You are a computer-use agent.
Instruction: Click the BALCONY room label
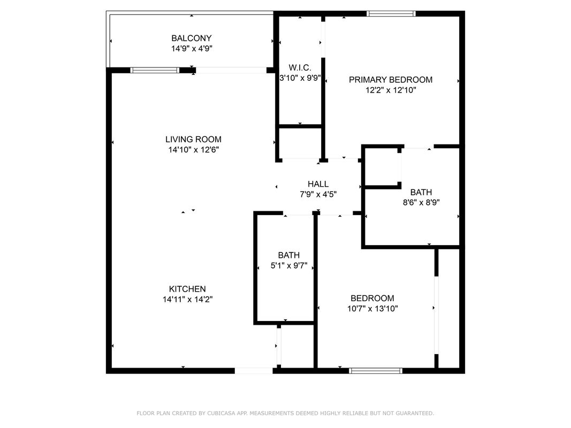click(191, 38)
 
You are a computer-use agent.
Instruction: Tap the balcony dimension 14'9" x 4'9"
click(192, 48)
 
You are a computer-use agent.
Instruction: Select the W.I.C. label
click(300, 68)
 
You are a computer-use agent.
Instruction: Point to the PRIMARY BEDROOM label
click(391, 80)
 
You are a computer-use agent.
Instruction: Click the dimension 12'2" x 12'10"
click(391, 90)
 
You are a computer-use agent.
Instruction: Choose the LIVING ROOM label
click(193, 140)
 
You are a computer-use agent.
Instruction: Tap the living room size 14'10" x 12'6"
click(193, 150)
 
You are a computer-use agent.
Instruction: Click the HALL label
click(318, 184)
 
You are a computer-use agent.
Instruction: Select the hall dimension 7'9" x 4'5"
click(318, 194)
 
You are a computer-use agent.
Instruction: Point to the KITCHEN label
click(187, 289)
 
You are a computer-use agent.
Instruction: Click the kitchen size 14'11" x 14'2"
click(187, 300)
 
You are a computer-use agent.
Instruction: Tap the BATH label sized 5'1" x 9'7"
click(289, 256)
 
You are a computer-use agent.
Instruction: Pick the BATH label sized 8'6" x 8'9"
click(421, 192)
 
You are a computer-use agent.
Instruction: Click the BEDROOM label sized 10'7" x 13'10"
click(372, 299)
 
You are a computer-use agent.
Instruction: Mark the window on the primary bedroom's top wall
click(391, 14)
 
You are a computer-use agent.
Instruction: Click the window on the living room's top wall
click(155, 70)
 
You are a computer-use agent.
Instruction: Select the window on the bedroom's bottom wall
click(376, 371)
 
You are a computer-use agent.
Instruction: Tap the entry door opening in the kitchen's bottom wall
click(254, 371)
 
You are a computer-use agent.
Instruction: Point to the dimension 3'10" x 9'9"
click(300, 78)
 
